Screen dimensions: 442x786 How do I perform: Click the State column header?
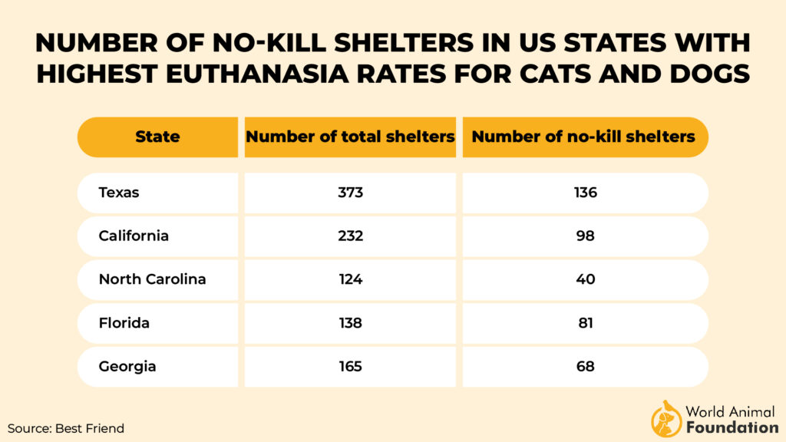pos(157,137)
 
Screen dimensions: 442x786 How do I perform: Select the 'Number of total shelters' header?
pos(350,137)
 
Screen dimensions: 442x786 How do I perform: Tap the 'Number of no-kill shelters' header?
pos(583,137)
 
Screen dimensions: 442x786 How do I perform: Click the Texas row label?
pos(119,193)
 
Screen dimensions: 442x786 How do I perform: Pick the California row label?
pos(134,236)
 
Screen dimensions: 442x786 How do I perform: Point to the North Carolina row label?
pos(152,279)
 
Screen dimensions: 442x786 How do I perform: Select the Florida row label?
pos(124,323)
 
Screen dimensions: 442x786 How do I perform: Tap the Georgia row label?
pos(127,367)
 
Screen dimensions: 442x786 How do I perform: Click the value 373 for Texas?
pos(350,193)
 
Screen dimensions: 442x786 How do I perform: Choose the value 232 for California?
pos(350,236)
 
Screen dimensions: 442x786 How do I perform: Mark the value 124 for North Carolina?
pos(350,279)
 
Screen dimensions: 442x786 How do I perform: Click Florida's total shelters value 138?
pos(350,323)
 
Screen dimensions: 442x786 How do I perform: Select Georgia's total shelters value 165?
pos(350,367)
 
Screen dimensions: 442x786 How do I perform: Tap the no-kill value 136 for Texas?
pos(585,193)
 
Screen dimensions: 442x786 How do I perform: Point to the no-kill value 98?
pos(585,236)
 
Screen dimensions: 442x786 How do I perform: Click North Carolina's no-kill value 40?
pos(585,279)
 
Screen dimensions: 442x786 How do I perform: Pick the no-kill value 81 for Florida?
pos(585,323)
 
